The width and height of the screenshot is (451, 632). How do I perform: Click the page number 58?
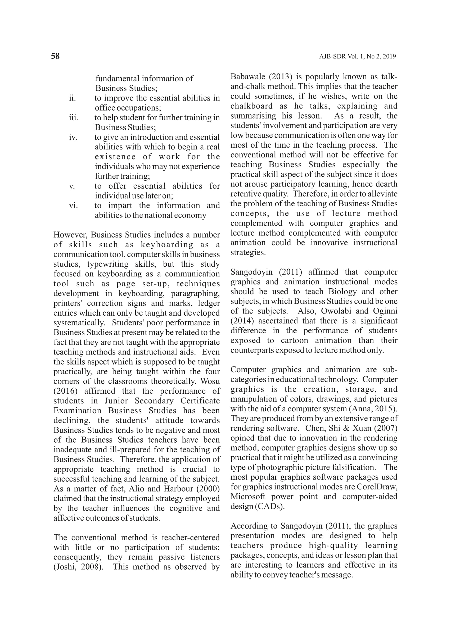coord(55,56)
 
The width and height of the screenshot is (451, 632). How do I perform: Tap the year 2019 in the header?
coord(389,57)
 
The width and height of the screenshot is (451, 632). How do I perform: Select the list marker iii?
coord(74,118)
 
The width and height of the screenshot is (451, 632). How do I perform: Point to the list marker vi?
coord(73,206)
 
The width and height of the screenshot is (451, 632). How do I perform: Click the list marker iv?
coord(73,137)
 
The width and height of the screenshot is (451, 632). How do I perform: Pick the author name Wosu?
coord(210,381)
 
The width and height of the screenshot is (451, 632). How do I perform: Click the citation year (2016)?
coord(65,391)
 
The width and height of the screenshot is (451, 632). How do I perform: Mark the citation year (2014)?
coord(242,321)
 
